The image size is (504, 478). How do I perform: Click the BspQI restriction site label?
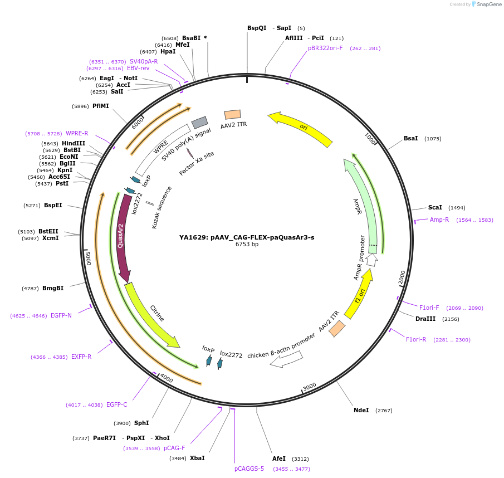point(257,28)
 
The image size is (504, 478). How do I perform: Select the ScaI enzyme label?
point(435,207)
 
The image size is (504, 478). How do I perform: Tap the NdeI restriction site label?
point(361,410)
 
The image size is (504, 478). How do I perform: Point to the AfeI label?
point(279,459)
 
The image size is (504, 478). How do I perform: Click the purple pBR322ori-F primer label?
point(325,48)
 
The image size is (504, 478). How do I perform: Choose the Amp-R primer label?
point(439,220)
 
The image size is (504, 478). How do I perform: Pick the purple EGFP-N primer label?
point(61,315)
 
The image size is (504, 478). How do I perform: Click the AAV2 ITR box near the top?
point(232,114)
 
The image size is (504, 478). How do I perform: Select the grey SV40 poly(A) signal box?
point(199,123)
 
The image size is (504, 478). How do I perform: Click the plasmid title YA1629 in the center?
point(246,237)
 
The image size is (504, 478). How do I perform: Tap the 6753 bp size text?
point(247,245)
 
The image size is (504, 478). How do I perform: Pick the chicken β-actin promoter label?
point(281,345)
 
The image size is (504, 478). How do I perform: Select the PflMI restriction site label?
point(101,106)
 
